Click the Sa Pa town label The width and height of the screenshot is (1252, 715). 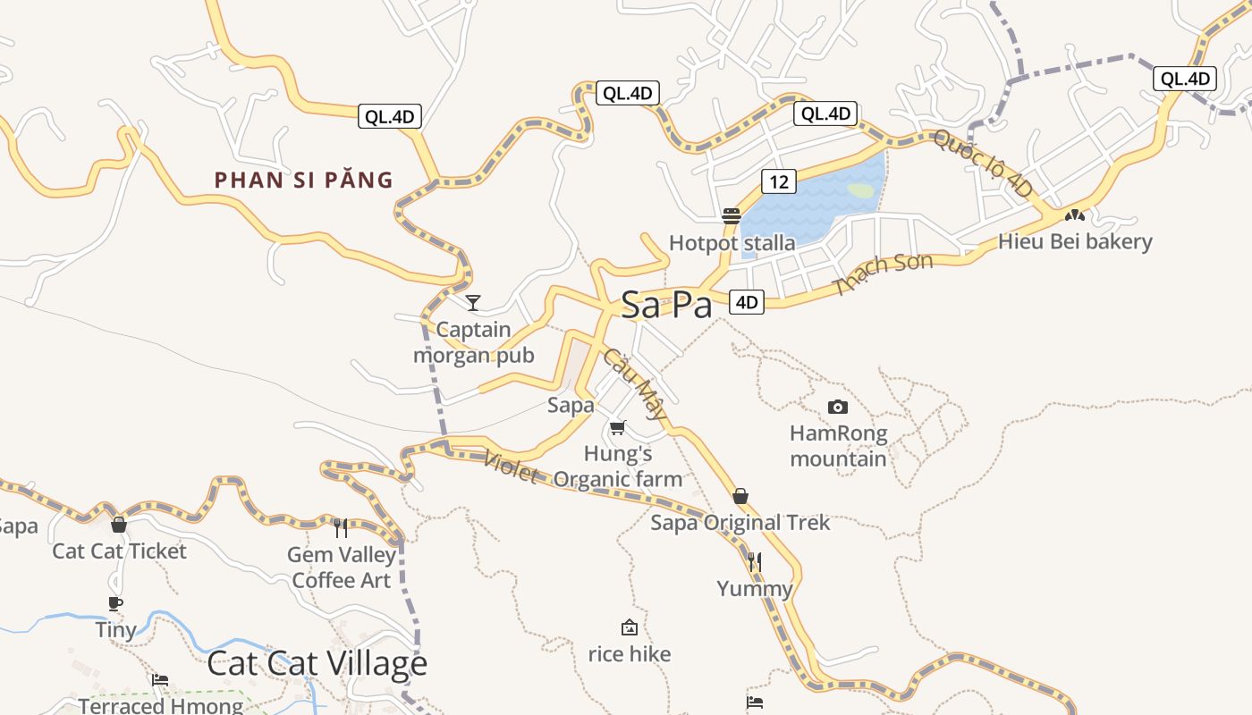pyautogui.click(x=666, y=305)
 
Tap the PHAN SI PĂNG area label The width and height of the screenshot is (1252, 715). pyautogui.click(x=304, y=180)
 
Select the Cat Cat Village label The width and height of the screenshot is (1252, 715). pyautogui.click(x=317, y=664)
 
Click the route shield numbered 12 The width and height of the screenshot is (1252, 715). pyautogui.click(x=779, y=181)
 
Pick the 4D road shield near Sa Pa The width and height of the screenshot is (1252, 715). pyautogui.click(x=747, y=302)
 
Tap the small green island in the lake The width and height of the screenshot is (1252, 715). pyautogui.click(x=860, y=190)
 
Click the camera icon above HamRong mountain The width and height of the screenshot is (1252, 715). pyautogui.click(x=838, y=408)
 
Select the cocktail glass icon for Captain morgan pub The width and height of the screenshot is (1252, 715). pyautogui.click(x=473, y=302)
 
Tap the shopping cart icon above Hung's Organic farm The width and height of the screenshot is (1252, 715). pyautogui.click(x=617, y=427)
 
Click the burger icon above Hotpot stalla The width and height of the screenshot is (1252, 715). pyautogui.click(x=732, y=216)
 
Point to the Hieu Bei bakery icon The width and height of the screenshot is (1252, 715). pyautogui.click(x=1074, y=215)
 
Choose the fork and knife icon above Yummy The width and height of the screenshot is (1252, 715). pyautogui.click(x=755, y=561)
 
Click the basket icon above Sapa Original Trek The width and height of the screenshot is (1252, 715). pyautogui.click(x=740, y=496)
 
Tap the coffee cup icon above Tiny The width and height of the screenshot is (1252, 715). pyautogui.click(x=115, y=603)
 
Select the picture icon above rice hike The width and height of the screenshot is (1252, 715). pyautogui.click(x=630, y=627)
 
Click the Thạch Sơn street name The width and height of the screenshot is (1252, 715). pyautogui.click(x=882, y=273)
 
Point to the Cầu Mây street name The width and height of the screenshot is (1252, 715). pyautogui.click(x=635, y=383)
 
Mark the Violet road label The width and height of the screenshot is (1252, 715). pyautogui.click(x=510, y=467)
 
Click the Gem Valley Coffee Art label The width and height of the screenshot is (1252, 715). pyautogui.click(x=342, y=568)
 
